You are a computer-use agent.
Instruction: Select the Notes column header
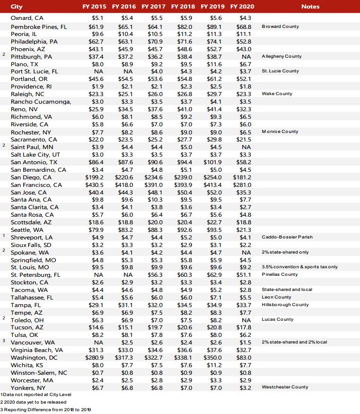pos(310,7)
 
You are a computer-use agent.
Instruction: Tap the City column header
pos(17,7)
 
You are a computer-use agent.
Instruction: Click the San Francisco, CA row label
pos(36,185)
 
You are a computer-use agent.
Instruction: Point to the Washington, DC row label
pos(34,358)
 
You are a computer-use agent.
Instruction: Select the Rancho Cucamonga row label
pos(41,102)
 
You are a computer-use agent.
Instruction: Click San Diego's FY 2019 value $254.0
pos(212,177)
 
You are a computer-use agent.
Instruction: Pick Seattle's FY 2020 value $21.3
pos(243,230)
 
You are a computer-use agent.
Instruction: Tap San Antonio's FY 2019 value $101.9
pos(212,162)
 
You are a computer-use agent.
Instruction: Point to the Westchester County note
pos(285,387)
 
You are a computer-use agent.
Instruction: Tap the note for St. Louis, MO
pos(299,267)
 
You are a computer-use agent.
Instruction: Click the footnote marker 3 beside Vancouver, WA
pos(4,341)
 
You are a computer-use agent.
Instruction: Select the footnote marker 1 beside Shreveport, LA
pos(4,236)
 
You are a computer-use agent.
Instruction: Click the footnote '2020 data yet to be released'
pos(35,402)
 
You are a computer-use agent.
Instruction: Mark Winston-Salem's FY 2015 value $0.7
pos(97,372)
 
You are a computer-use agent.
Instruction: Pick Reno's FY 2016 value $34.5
pos(125,109)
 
